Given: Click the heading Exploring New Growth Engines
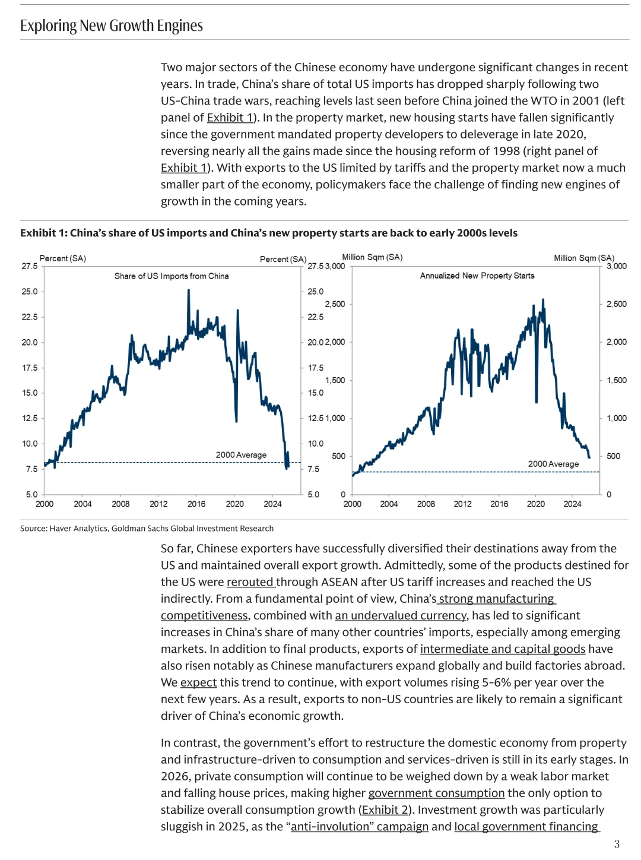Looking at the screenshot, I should click(112, 26).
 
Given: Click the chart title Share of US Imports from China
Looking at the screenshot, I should click(172, 276).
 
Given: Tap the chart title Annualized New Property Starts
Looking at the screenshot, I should click(477, 276).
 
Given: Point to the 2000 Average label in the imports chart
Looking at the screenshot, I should click(241, 455).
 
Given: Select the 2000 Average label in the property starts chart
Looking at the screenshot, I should click(553, 464).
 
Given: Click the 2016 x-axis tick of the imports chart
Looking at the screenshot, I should click(196, 504).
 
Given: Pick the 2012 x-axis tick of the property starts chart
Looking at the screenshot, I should click(463, 504).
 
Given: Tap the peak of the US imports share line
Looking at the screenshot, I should click(189, 290).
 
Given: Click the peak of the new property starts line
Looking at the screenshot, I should click(542, 300).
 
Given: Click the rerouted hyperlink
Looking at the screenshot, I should click(250, 582).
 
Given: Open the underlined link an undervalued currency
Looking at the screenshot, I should click(401, 616).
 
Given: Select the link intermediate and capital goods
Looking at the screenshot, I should click(503, 649).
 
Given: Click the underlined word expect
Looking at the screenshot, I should click(198, 682).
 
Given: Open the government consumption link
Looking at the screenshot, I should click(436, 793).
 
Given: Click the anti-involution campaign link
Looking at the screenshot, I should click(359, 827).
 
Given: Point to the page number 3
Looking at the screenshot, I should click(617, 844).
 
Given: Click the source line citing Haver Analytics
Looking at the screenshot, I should click(147, 529).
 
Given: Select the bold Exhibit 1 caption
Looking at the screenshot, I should click(268, 233).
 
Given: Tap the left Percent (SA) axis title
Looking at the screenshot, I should click(63, 258).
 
